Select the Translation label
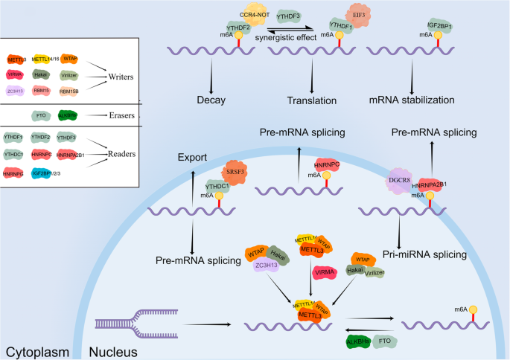tap(311, 100)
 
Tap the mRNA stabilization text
tap(422, 100)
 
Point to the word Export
tap(191, 158)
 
